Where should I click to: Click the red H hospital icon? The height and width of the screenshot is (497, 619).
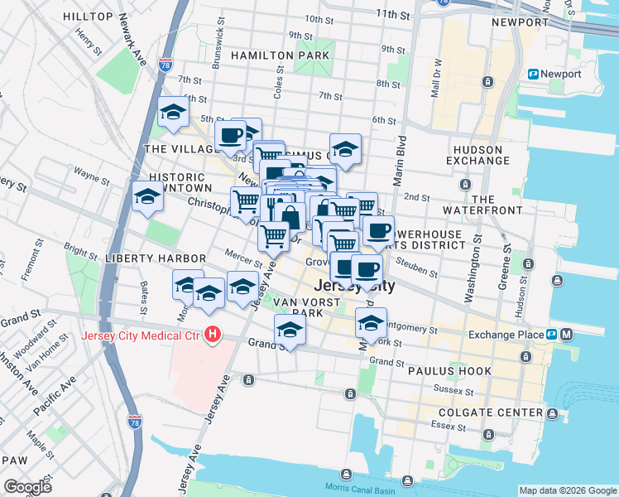[x=214, y=335]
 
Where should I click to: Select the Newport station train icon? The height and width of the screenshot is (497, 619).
[x=534, y=74]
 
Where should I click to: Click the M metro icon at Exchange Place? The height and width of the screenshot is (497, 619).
[x=566, y=335]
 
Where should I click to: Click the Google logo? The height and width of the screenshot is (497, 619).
[x=27, y=486]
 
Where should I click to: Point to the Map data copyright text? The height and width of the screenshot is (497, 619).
[x=567, y=490]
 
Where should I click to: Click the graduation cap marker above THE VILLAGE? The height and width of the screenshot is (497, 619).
[x=173, y=112]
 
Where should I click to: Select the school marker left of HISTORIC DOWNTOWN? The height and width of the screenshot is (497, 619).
[x=147, y=196]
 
